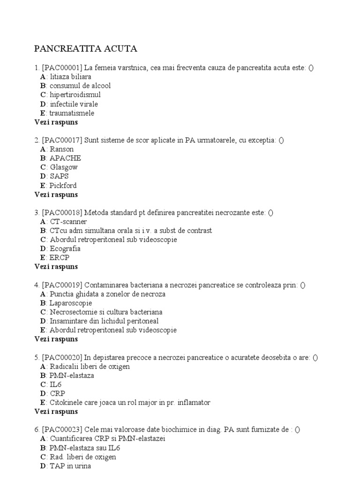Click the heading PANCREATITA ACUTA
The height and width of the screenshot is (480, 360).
[86, 49]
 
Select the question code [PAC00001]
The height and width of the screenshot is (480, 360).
[62, 68]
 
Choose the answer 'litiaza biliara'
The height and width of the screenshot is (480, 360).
[70, 77]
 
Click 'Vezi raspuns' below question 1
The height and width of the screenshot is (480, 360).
[56, 122]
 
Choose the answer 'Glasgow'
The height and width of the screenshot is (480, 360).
[64, 167]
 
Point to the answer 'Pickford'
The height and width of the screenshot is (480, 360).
[63, 185]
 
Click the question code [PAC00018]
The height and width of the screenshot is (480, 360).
[62, 212]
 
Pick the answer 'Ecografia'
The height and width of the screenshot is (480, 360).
[66, 248]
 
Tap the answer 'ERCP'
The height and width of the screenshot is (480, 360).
[59, 257]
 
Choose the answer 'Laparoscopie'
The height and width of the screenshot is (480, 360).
[71, 303]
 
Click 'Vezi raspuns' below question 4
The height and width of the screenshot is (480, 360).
[56, 339]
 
